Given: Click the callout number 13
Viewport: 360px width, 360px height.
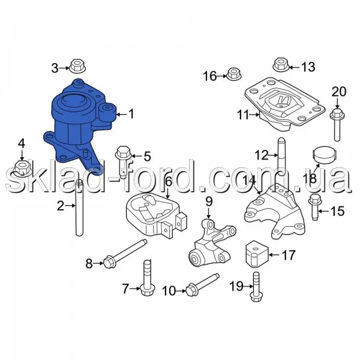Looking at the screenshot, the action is tap(308, 67).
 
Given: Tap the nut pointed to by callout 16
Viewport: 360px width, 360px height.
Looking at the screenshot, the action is tap(233, 74).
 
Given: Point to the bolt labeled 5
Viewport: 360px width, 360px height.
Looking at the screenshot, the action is tap(123, 161).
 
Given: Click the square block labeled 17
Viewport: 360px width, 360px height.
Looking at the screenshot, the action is tap(257, 254).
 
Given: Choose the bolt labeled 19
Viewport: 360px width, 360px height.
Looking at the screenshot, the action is tap(256, 287).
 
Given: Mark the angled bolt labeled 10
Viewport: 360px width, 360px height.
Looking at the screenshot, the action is tap(202, 284).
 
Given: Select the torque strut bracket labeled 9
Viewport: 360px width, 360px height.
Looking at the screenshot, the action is tap(212, 243).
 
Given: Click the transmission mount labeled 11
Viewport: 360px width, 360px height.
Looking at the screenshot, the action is tap(284, 104).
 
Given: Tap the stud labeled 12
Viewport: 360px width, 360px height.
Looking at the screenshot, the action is tap(282, 157).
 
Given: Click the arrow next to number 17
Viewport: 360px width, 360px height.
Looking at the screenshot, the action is tap(274, 254).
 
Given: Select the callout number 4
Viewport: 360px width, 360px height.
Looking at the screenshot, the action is tap(22, 144).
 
